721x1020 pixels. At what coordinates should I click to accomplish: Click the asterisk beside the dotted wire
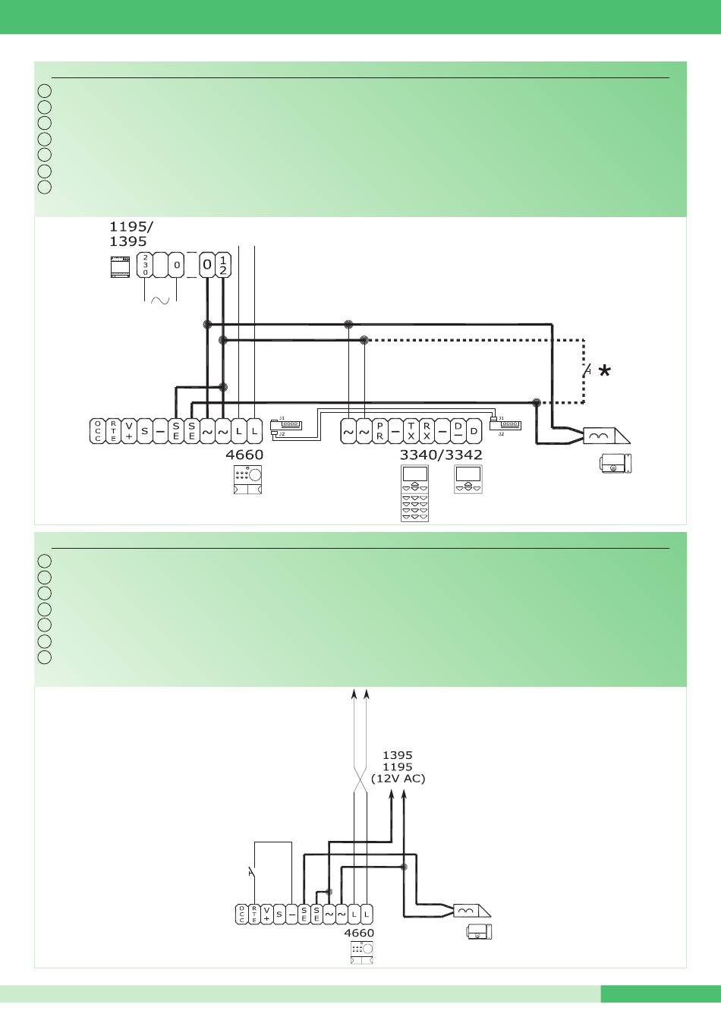coord(604,371)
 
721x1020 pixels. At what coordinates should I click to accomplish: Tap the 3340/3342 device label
coord(441,455)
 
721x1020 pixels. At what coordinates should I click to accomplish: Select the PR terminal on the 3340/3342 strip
coord(379,432)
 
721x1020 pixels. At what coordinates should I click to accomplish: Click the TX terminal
coord(411,432)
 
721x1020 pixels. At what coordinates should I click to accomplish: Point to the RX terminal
coord(427,432)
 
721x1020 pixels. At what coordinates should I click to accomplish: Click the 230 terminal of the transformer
coord(145,266)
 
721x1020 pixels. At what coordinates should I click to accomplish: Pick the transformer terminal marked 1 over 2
coord(223,265)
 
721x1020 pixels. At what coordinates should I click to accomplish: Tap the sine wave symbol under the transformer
coord(161,300)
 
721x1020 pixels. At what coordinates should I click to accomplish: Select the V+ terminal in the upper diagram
coord(128,432)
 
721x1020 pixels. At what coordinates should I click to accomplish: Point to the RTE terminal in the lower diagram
coord(254,914)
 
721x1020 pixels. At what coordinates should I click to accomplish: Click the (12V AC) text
coord(398,779)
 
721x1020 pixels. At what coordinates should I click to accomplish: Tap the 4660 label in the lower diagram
coord(359,933)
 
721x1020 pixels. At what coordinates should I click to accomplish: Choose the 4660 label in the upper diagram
coord(244,455)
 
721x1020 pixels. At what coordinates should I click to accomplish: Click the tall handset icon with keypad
coord(415,493)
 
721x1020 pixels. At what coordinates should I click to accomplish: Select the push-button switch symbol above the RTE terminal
coord(252,873)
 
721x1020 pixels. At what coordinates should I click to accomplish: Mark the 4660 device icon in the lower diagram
coord(361,953)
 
